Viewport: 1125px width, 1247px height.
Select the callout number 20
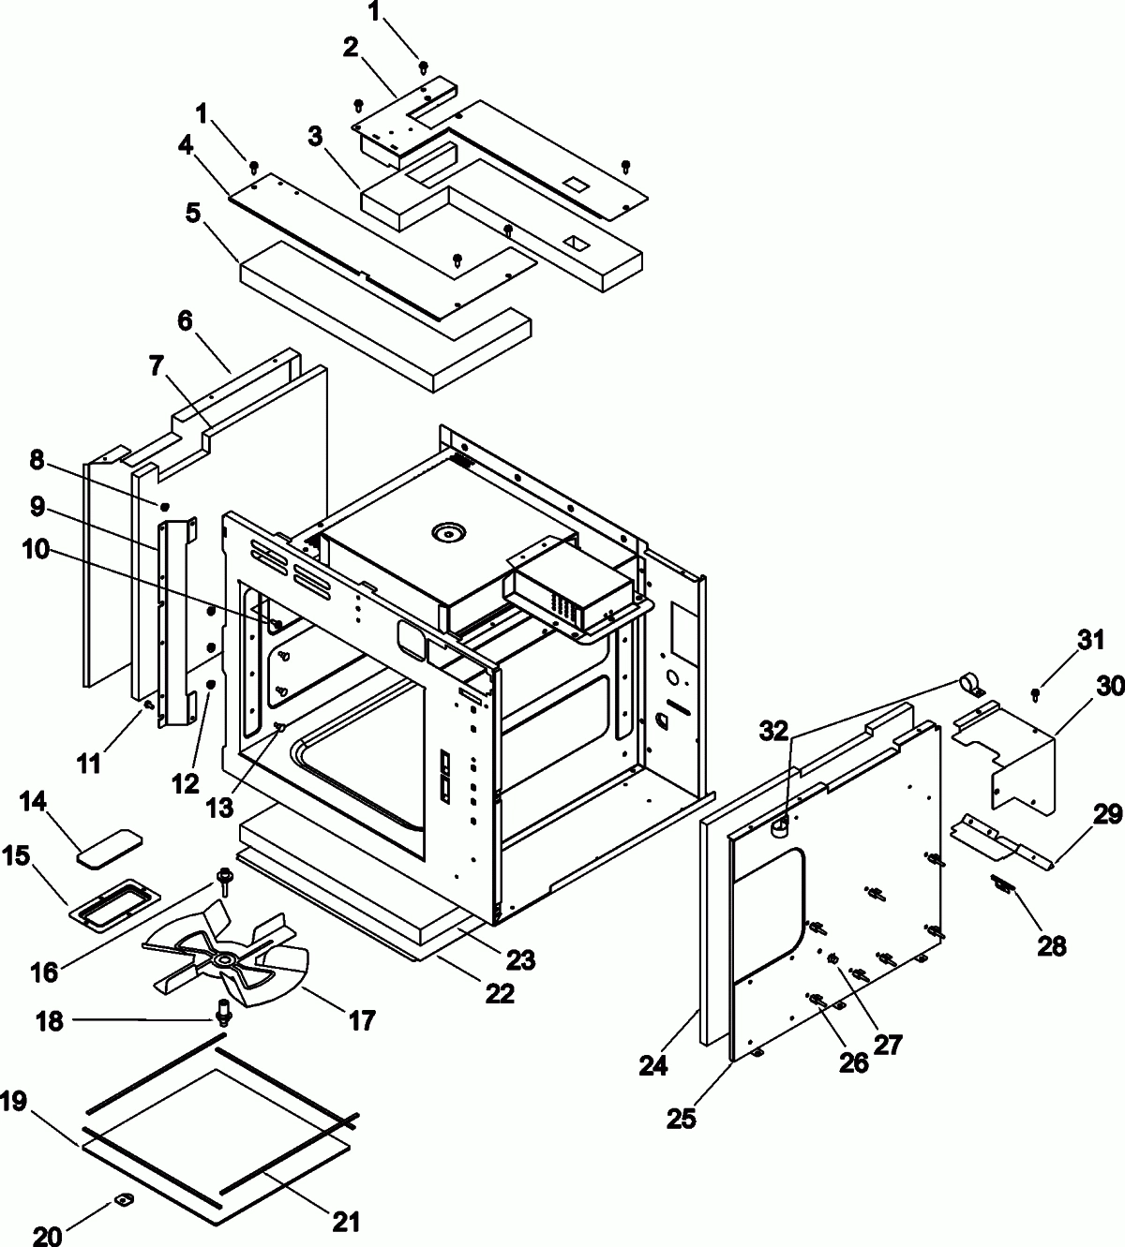click(x=48, y=1236)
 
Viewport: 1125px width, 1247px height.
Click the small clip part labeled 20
click(x=124, y=1199)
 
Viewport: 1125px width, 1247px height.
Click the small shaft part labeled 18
click(x=223, y=1011)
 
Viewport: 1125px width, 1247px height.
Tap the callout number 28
click(x=1052, y=945)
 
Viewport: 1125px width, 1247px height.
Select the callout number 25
click(x=682, y=1118)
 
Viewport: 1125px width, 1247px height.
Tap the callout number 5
click(x=192, y=213)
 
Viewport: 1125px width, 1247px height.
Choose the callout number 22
click(x=499, y=993)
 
